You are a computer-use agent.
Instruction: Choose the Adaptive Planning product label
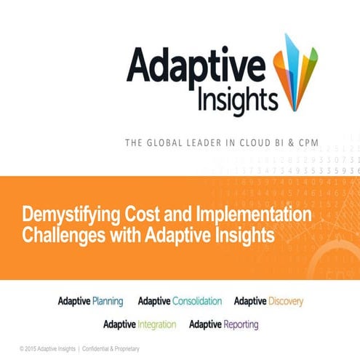[90, 300]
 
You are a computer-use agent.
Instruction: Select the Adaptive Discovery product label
[268, 300]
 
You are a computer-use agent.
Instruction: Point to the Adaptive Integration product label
[139, 324]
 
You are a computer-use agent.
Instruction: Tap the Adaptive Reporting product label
[224, 324]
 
